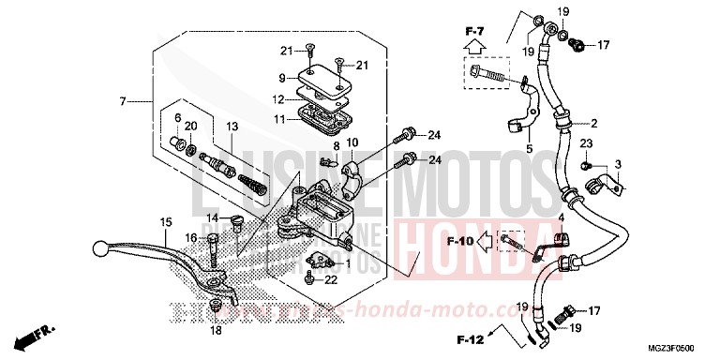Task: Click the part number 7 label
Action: coord(122,101)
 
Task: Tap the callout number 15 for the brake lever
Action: coord(166,222)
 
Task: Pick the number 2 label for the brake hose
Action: coord(592,123)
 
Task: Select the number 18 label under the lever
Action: coord(217,331)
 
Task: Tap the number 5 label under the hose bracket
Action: coord(529,148)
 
